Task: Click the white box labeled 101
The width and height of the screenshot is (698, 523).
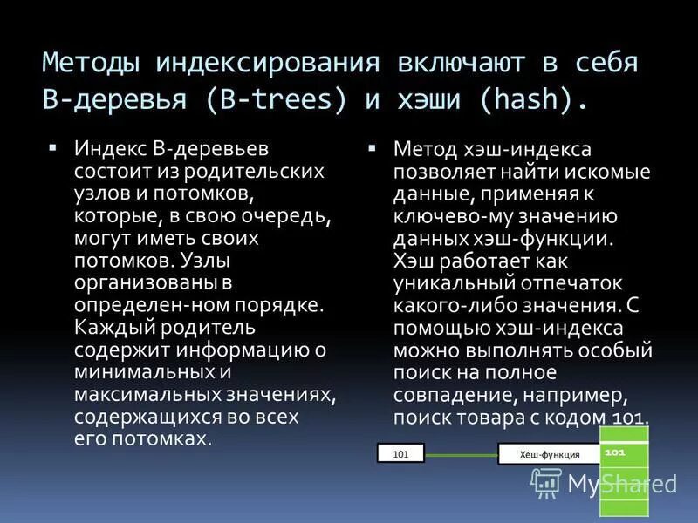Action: [400, 453]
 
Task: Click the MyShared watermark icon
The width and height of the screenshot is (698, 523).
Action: [546, 482]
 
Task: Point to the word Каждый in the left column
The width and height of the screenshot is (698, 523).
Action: [113, 328]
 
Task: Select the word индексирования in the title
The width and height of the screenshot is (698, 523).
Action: [267, 64]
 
